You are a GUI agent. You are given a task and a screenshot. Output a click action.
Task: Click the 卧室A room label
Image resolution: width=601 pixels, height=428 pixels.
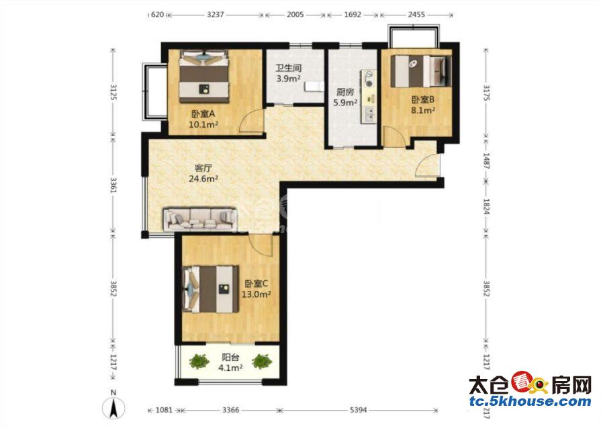(203, 114)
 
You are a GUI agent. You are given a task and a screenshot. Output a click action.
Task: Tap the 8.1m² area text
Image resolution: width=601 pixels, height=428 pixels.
(423, 110)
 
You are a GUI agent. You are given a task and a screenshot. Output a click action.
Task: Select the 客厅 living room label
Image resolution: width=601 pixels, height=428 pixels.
(203, 168)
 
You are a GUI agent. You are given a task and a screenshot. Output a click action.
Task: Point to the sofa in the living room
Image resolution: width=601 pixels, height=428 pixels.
(200, 219)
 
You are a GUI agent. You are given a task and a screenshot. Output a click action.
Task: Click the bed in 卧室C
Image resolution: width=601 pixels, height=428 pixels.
(210, 289)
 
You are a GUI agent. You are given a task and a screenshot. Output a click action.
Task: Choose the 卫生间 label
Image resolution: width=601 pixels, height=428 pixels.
(289, 69)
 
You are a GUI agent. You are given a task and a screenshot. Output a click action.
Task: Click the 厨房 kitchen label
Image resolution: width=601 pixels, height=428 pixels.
(345, 92)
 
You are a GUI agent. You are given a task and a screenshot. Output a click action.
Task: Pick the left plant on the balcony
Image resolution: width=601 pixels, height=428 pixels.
(199, 361)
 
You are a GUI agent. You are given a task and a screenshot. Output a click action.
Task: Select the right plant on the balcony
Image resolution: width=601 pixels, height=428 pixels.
(262, 361)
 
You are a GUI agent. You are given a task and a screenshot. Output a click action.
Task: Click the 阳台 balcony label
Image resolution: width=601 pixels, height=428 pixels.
(230, 357)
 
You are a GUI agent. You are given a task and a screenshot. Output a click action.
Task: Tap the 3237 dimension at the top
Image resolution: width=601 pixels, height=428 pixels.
(216, 15)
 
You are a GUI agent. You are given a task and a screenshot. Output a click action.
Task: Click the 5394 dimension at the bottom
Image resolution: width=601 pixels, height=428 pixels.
(359, 410)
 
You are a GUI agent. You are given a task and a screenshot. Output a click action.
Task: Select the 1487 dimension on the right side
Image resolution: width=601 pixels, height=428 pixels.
(486, 161)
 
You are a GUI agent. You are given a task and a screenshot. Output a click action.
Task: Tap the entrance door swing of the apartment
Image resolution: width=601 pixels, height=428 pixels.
(427, 165)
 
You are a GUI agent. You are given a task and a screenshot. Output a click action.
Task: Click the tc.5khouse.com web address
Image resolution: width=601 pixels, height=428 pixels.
(530, 402)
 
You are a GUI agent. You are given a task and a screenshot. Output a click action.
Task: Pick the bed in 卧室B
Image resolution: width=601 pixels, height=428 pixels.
(421, 71)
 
